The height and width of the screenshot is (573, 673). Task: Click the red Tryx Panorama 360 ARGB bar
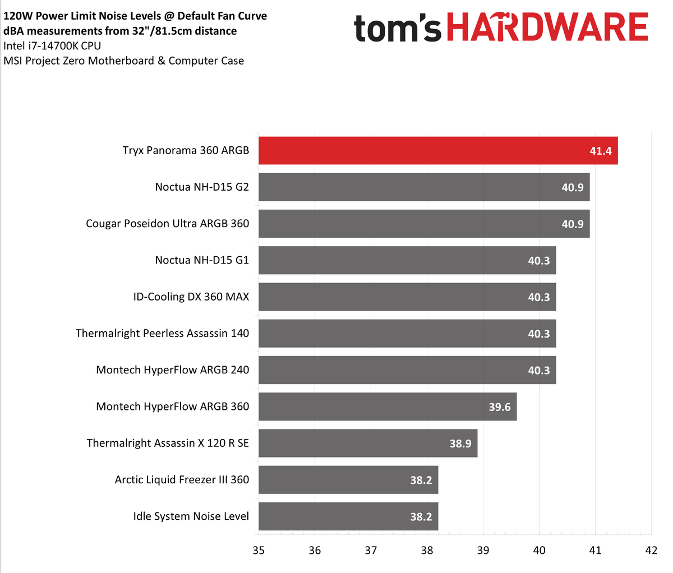pyautogui.click(x=437, y=150)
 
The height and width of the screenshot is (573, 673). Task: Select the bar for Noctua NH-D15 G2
pyautogui.click(x=423, y=187)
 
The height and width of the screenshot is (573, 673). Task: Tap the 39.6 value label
pyautogui.click(x=499, y=407)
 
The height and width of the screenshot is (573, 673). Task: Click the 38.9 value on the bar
pyautogui.click(x=460, y=443)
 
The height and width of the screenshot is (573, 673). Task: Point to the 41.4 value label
pyautogui.click(x=600, y=151)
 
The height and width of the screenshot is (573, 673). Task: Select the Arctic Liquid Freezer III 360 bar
pyautogui.click(x=348, y=480)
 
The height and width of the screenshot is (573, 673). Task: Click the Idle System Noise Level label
pyautogui.click(x=191, y=516)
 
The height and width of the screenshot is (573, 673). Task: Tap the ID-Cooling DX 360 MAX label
pyautogui.click(x=191, y=297)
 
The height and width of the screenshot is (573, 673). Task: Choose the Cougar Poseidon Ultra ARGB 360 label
pyautogui.click(x=167, y=224)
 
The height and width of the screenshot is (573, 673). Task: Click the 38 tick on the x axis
pyautogui.click(x=427, y=551)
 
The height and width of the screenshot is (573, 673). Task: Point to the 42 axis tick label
pyautogui.click(x=651, y=551)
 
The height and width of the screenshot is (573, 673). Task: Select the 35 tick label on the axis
pyautogui.click(x=259, y=551)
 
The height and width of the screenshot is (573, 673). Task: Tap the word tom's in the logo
pyautogui.click(x=398, y=29)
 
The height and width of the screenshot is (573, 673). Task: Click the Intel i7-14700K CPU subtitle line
pyautogui.click(x=52, y=46)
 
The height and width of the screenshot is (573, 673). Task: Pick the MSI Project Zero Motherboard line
pyautogui.click(x=123, y=61)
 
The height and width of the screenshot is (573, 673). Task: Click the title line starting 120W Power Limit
pyautogui.click(x=135, y=16)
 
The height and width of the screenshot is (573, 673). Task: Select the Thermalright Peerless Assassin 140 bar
pyautogui.click(x=407, y=334)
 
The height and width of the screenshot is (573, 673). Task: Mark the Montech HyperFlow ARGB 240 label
pyautogui.click(x=172, y=370)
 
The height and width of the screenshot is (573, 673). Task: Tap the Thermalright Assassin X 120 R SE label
pyautogui.click(x=168, y=443)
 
